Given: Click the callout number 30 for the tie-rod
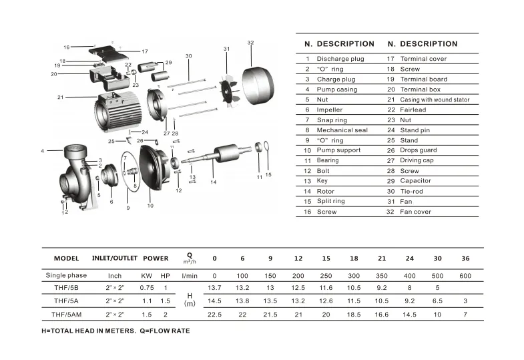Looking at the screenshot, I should (188, 56).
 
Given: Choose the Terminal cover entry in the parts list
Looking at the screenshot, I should (425, 59).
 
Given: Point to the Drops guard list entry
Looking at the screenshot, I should (419, 150).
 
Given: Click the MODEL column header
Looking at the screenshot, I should (66, 258).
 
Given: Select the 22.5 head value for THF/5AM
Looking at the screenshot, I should (214, 314).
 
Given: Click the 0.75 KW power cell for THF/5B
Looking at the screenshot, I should (146, 288).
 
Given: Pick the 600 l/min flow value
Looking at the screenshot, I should (465, 275).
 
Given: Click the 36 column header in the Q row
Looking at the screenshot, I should (465, 258).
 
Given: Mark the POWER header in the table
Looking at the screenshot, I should (156, 258).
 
